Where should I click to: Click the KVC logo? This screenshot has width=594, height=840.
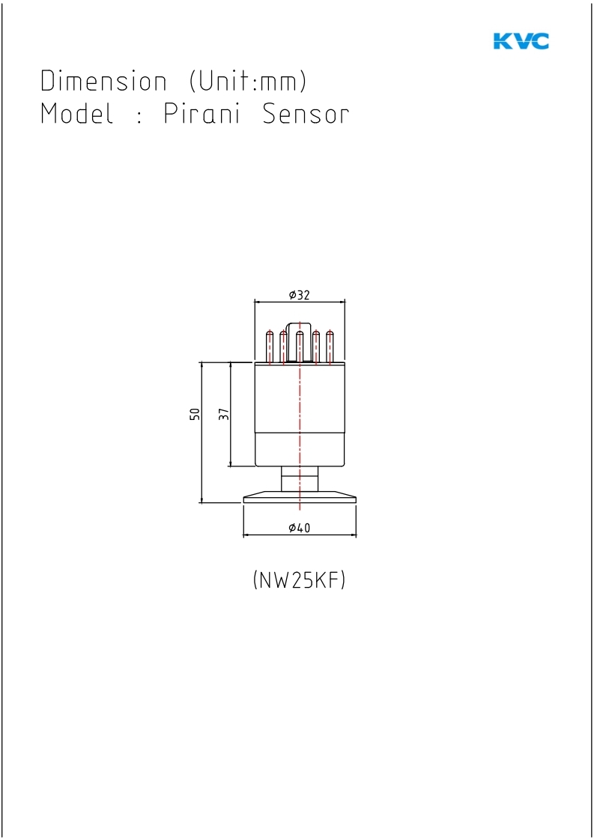[521, 41]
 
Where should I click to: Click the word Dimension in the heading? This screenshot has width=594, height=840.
[104, 81]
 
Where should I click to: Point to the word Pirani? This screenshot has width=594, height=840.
[201, 114]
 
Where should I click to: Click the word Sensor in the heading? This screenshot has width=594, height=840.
[306, 114]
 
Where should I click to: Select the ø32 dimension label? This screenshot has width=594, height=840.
[299, 295]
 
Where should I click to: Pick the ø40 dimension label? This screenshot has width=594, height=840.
[299, 528]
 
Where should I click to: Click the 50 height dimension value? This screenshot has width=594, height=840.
[195, 414]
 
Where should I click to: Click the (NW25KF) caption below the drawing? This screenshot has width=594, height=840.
[299, 580]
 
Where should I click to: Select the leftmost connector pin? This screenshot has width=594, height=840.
[270, 347]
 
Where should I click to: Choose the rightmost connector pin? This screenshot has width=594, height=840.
[330, 347]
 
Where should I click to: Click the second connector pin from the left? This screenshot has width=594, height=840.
[283, 347]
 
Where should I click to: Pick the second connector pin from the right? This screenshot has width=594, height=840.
[316, 347]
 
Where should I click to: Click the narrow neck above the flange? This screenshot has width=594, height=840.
[300, 478]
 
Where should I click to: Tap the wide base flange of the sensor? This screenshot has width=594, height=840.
[300, 497]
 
